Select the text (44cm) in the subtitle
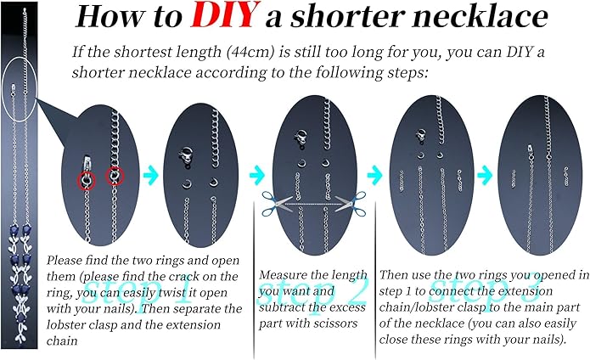[x=251, y=52]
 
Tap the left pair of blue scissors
[x=276, y=203]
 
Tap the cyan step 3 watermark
[x=486, y=290]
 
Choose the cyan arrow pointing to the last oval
[x=485, y=175]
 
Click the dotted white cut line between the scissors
[x=313, y=204]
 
